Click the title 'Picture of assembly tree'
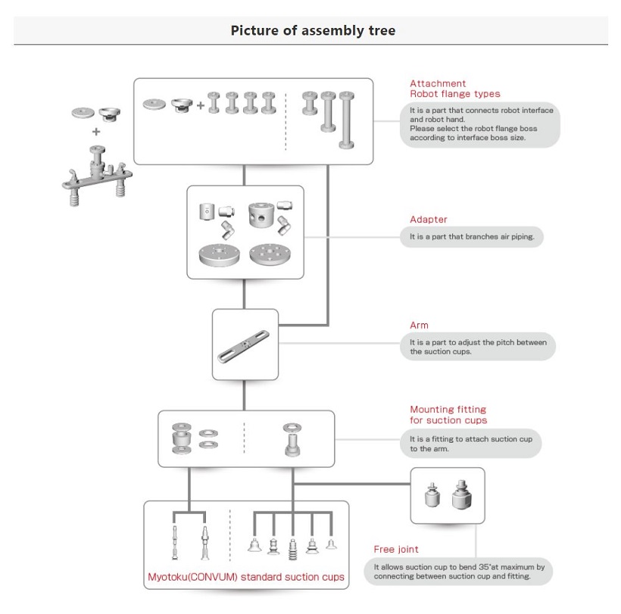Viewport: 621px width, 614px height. (x=312, y=31)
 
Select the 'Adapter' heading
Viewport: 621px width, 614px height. (x=429, y=220)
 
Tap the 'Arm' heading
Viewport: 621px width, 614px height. (x=419, y=325)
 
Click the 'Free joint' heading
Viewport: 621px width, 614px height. (x=395, y=549)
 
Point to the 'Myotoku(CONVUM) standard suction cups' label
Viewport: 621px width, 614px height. (x=246, y=577)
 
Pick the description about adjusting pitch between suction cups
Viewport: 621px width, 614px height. (x=478, y=347)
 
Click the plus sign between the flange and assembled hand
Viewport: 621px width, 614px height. (x=96, y=130)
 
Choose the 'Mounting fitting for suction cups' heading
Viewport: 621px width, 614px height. (x=448, y=414)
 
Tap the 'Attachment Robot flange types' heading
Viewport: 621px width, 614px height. (x=454, y=89)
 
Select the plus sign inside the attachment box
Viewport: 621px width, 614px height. (x=200, y=105)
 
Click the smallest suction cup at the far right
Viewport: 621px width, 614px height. (x=331, y=544)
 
